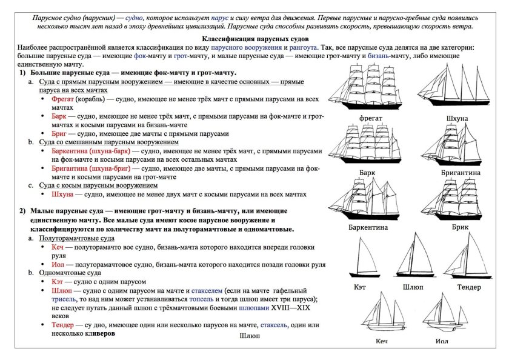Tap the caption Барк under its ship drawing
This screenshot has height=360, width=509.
[x=366, y=173]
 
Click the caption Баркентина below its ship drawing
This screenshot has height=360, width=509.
[x=368, y=228]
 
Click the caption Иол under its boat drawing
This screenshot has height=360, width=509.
[x=441, y=342]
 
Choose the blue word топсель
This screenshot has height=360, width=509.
[x=204, y=299]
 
